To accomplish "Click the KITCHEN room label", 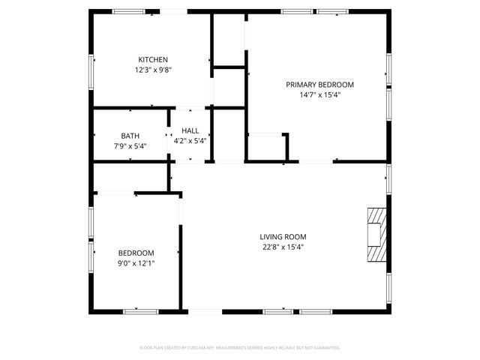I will coord(152,60).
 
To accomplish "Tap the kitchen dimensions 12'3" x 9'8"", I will coord(152,70).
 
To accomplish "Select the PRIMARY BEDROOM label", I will coord(319,85).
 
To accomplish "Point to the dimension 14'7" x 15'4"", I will coord(319,95).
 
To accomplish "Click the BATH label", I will coord(130,136).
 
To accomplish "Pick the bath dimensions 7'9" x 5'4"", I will coord(130,146).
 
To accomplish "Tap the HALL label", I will coord(190,130).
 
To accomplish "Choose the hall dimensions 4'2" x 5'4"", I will coord(190,141).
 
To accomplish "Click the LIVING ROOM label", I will coord(283,237).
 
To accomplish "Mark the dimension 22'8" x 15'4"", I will coord(283,247).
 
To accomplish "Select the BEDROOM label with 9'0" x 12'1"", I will coord(136,253).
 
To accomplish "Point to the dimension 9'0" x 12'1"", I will coord(136,263).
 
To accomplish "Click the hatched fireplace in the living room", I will coord(376,234).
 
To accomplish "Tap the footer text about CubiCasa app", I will coord(240,348).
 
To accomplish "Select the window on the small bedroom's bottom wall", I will coord(141,310).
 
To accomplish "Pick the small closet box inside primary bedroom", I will coord(265,146).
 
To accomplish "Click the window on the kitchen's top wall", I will coord(129,11).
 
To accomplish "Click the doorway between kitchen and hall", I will coord(190,108).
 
